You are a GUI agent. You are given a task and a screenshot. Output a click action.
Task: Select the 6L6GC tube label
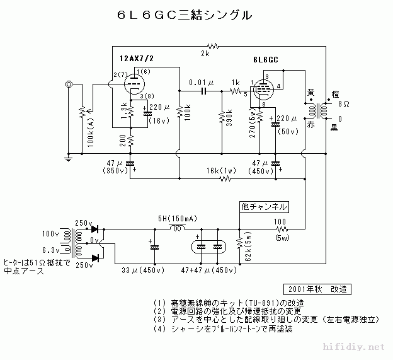[x=265, y=61]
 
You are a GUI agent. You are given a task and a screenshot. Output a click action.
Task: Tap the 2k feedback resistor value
[x=205, y=54]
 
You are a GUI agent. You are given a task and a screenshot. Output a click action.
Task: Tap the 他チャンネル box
[x=265, y=206]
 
